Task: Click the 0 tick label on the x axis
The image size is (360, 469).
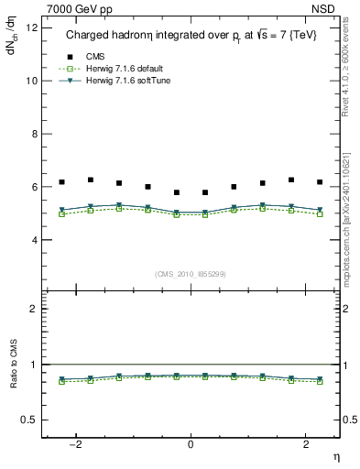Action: (x=191, y=444)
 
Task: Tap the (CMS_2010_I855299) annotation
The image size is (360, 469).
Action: (x=191, y=273)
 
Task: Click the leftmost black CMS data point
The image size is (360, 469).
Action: (x=61, y=182)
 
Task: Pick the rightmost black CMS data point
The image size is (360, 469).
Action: (x=320, y=182)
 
